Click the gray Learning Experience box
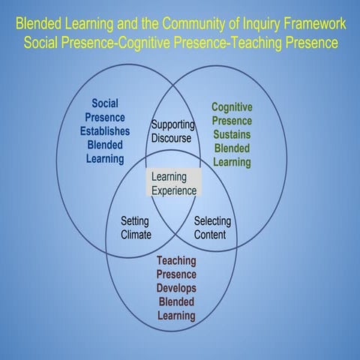pyautogui.click(x=173, y=183)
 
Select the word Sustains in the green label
pyautogui.click(x=232, y=134)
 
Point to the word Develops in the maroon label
pyautogui.click(x=176, y=288)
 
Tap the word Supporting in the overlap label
pyautogui.click(x=173, y=124)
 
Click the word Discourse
pyautogui.click(x=171, y=138)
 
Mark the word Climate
pyautogui.click(x=136, y=234)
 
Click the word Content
pyautogui.click(x=210, y=234)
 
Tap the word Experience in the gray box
pyautogui.click(x=174, y=190)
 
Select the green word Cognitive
pyautogui.click(x=232, y=106)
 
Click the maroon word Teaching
pyautogui.click(x=176, y=260)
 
